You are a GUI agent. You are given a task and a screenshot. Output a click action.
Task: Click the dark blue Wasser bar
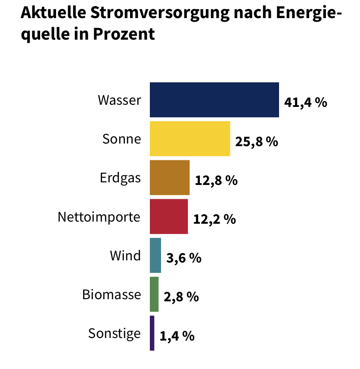(x=214, y=100)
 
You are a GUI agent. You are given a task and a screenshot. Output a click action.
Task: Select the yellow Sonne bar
(x=189, y=138)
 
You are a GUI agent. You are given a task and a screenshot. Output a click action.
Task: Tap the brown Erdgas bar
(x=169, y=177)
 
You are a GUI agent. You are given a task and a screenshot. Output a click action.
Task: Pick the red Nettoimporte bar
(x=168, y=216)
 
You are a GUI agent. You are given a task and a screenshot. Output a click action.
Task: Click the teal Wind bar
(x=155, y=255)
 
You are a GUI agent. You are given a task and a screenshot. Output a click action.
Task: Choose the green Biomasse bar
(x=154, y=294)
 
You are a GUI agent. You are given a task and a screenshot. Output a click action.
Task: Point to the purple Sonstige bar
(x=152, y=333)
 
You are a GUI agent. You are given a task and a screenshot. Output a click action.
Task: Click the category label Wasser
(x=119, y=100)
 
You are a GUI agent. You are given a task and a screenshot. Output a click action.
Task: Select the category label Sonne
(x=121, y=139)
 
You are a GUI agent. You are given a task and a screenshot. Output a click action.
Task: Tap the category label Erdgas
(x=120, y=178)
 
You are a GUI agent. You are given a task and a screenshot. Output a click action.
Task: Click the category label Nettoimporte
(x=99, y=217)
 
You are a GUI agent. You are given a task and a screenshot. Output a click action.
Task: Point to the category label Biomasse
(x=112, y=295)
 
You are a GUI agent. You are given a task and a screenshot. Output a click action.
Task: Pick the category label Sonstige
(x=115, y=334)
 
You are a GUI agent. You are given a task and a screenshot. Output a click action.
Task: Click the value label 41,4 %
(x=306, y=103)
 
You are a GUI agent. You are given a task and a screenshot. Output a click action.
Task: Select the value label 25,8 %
(x=257, y=141)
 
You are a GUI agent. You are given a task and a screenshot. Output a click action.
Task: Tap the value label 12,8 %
(x=216, y=181)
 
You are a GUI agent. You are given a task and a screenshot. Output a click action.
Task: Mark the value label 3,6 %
(x=184, y=258)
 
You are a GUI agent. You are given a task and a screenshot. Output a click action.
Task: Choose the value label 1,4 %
(x=177, y=336)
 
